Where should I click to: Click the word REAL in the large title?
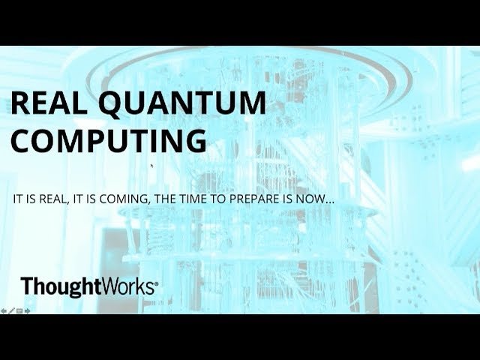click(x=49, y=103)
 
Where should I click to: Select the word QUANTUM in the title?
click(x=182, y=104)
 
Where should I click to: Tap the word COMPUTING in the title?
click(x=109, y=140)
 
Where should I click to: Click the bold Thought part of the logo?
click(x=61, y=286)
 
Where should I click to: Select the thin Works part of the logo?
click(x=127, y=286)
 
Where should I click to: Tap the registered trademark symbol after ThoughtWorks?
click(x=157, y=284)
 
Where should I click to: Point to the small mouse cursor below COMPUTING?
click(x=151, y=166)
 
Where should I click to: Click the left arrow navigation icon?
click(x=4, y=311)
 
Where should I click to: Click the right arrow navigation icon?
click(x=27, y=311)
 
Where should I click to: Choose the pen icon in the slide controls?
click(x=12, y=311)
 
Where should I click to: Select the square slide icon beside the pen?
click(x=19, y=311)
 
